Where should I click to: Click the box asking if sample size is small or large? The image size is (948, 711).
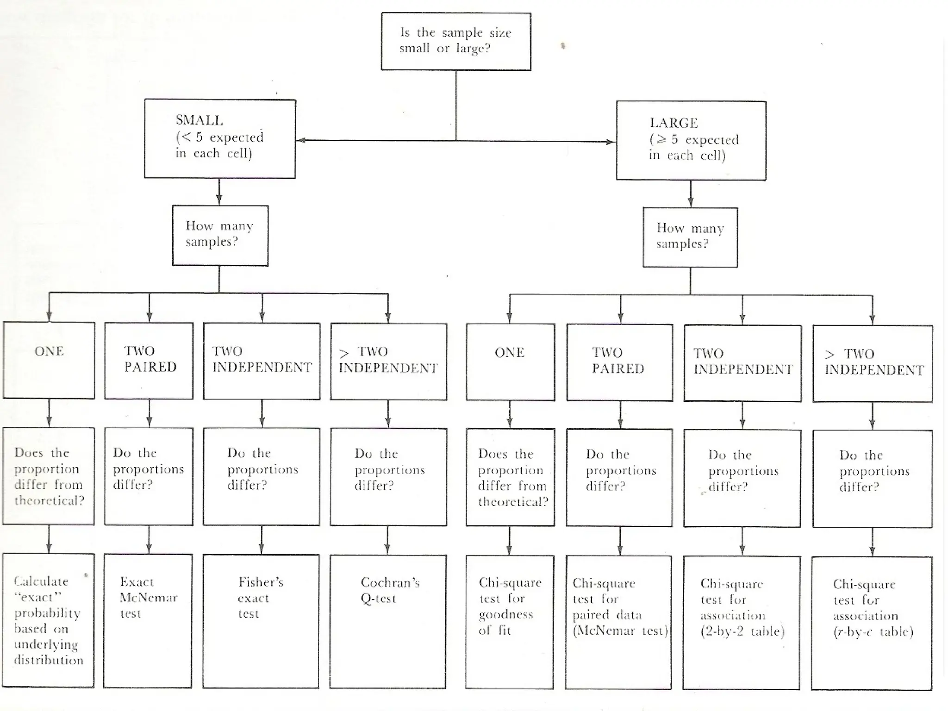(x=456, y=42)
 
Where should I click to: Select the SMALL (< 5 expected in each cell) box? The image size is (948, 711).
(x=220, y=139)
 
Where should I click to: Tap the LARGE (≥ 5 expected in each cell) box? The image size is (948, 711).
(x=691, y=141)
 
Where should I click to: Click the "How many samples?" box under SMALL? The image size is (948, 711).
(x=220, y=236)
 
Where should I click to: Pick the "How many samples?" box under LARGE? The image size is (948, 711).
(x=690, y=237)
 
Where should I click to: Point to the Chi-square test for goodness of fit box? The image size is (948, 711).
(x=510, y=622)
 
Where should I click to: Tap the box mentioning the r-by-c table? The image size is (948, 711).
(x=872, y=623)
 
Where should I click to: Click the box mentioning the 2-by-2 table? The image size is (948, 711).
(x=742, y=623)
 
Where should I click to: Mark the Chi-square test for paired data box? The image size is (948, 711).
(x=619, y=623)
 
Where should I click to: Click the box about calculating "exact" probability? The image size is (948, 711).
(x=49, y=620)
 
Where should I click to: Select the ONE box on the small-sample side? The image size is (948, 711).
(x=49, y=360)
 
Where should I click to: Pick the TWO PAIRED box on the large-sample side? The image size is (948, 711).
(x=619, y=362)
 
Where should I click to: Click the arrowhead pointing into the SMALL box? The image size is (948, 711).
(x=300, y=140)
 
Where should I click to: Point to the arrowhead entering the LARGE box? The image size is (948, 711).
(x=612, y=142)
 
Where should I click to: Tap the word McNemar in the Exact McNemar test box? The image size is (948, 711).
(x=148, y=598)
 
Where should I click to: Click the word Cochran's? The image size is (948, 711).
(x=390, y=582)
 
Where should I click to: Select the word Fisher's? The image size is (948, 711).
(x=261, y=582)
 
